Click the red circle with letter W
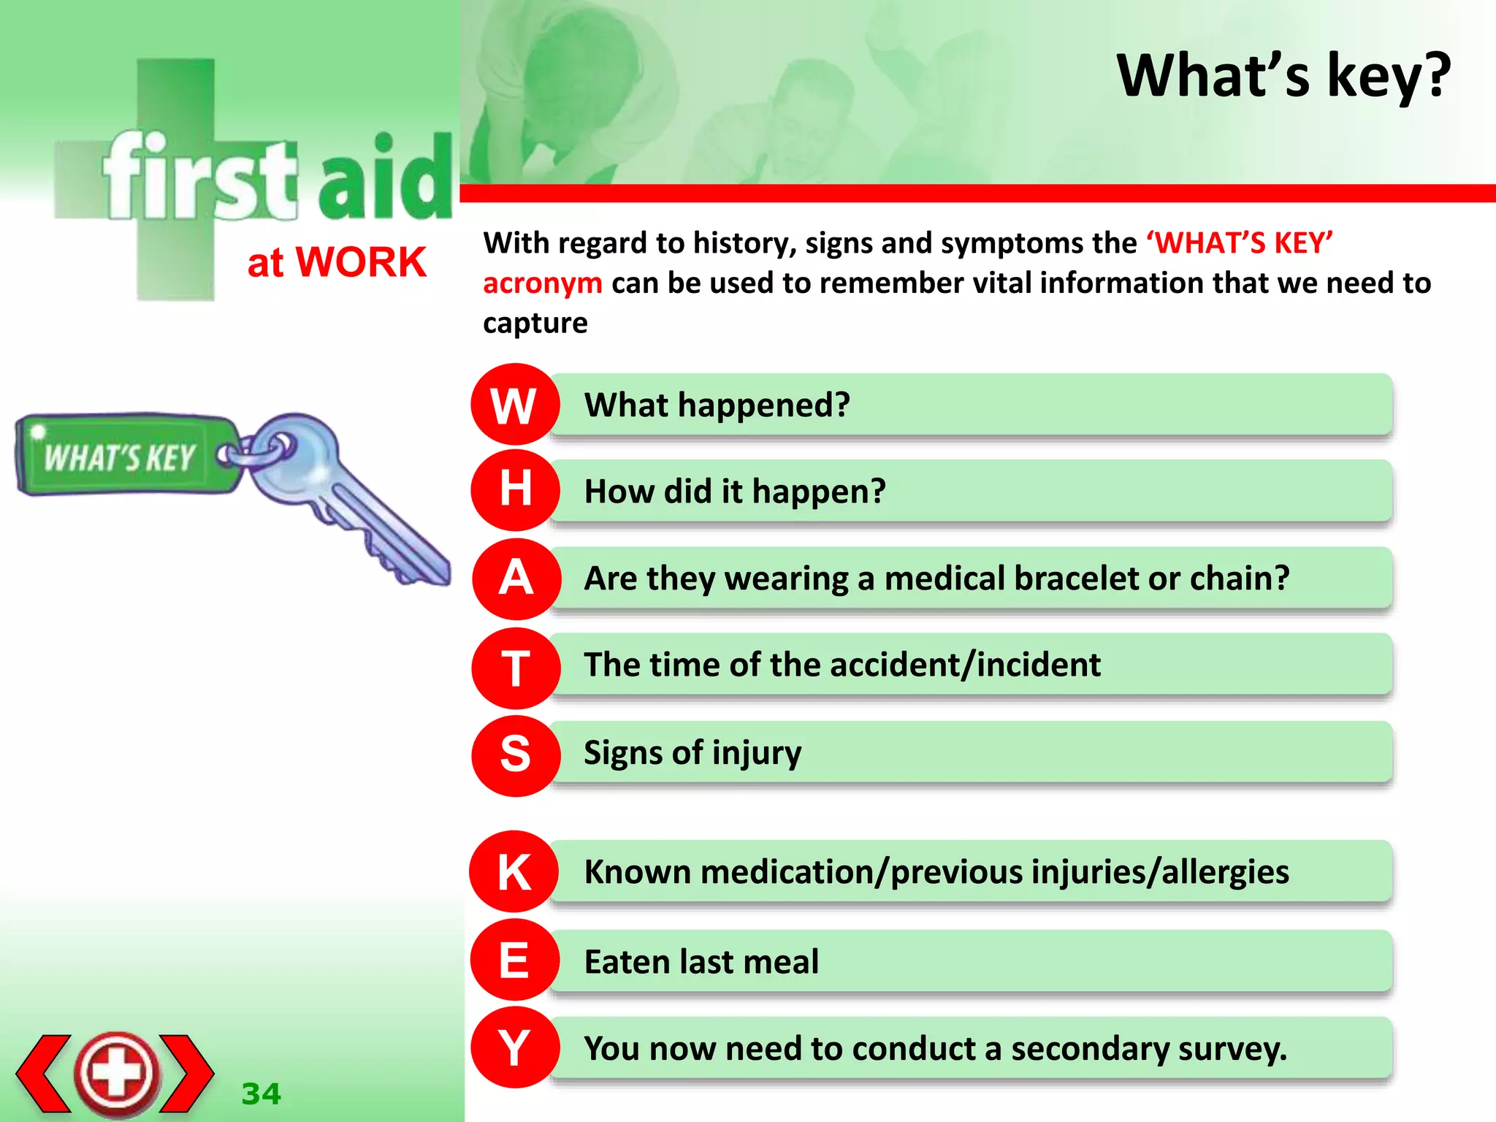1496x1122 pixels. [515, 405]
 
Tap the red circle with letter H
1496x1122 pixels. [515, 490]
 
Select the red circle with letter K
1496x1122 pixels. [515, 871]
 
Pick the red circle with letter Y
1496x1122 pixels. [515, 1047]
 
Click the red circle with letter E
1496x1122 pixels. [515, 960]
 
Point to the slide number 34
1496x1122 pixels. [261, 1094]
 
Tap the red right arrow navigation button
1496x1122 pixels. [187, 1073]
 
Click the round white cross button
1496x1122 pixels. [117, 1073]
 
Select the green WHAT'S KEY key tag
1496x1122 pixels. [121, 457]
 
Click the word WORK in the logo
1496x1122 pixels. [361, 262]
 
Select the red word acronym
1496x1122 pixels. [543, 283]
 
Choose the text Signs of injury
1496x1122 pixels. [692, 753]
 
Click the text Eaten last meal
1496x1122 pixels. [701, 961]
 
